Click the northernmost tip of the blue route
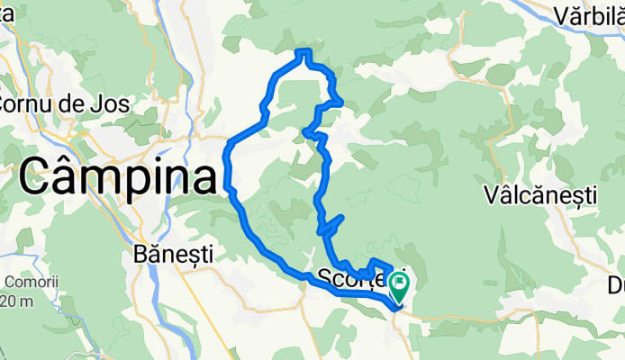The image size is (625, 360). click(x=304, y=50)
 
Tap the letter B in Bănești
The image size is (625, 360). click(x=138, y=254)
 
